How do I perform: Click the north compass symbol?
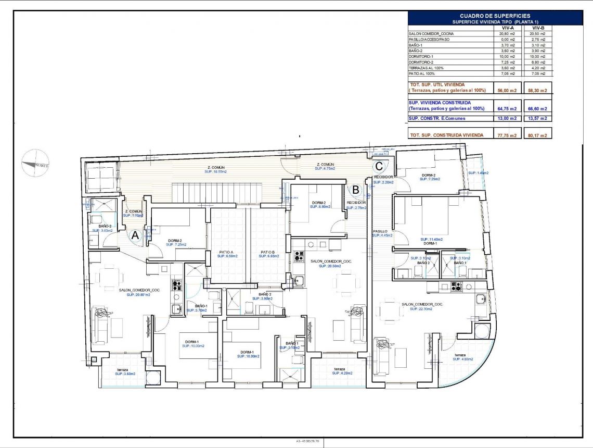click(x=35, y=163)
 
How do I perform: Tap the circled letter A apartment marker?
click(x=135, y=235)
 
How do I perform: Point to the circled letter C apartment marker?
click(x=379, y=166)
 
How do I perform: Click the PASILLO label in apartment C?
click(x=380, y=231)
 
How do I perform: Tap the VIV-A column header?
click(x=508, y=28)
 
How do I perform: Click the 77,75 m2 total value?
click(x=508, y=135)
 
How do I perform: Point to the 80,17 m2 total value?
click(x=538, y=135)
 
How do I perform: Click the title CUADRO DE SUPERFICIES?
click(x=495, y=16)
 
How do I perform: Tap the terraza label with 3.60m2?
click(x=125, y=371)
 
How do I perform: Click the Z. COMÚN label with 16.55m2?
click(x=215, y=169)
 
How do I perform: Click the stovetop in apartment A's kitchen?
click(x=176, y=285)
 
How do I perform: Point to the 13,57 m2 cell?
click(x=538, y=118)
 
